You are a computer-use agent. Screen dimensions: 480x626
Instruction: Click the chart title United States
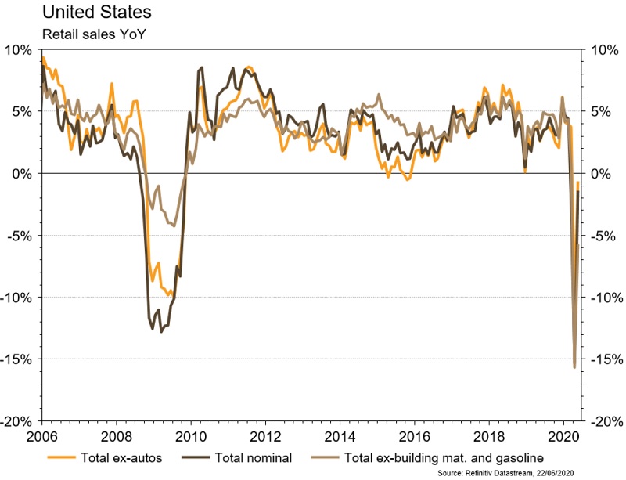[x=85, y=13]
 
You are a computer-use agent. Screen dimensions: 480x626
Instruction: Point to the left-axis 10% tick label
[x=19, y=49]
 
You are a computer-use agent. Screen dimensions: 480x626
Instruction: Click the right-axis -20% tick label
[x=605, y=420]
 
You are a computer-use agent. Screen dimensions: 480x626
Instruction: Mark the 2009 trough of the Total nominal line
[x=162, y=331]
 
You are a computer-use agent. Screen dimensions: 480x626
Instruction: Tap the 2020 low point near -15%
[x=574, y=366]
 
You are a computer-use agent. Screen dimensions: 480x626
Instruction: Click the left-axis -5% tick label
[x=19, y=235]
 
